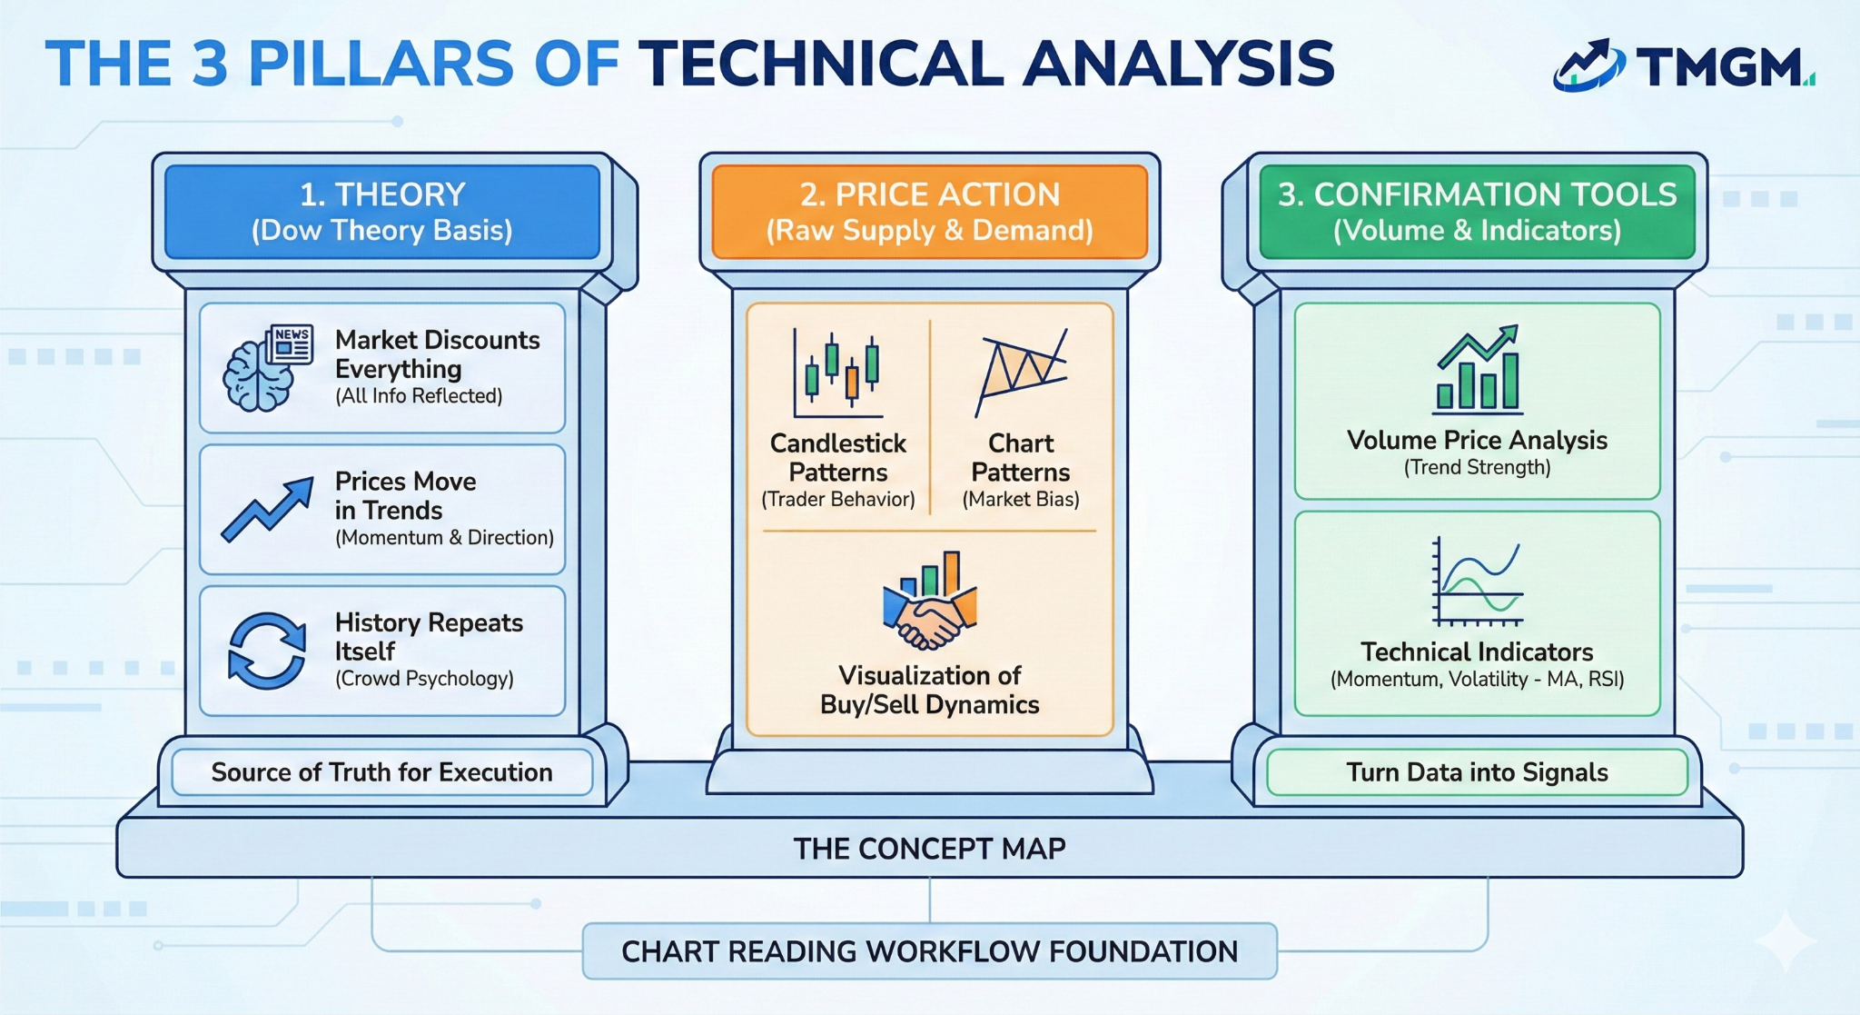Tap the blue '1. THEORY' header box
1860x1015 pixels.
point(382,212)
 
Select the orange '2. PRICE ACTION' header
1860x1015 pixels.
point(929,212)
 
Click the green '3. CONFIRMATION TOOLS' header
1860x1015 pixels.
point(1477,212)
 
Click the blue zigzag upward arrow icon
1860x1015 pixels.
point(267,510)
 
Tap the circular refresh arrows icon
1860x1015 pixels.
point(267,651)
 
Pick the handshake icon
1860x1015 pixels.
point(929,603)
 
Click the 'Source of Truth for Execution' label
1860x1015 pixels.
point(382,772)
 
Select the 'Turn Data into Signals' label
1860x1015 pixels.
point(1477,772)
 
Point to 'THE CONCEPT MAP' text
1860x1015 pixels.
point(929,849)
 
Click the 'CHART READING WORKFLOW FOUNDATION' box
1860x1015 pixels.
point(929,951)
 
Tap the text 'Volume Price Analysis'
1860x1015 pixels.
point(1477,441)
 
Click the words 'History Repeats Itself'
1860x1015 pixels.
point(428,636)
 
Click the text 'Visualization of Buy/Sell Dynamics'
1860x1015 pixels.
point(929,690)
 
